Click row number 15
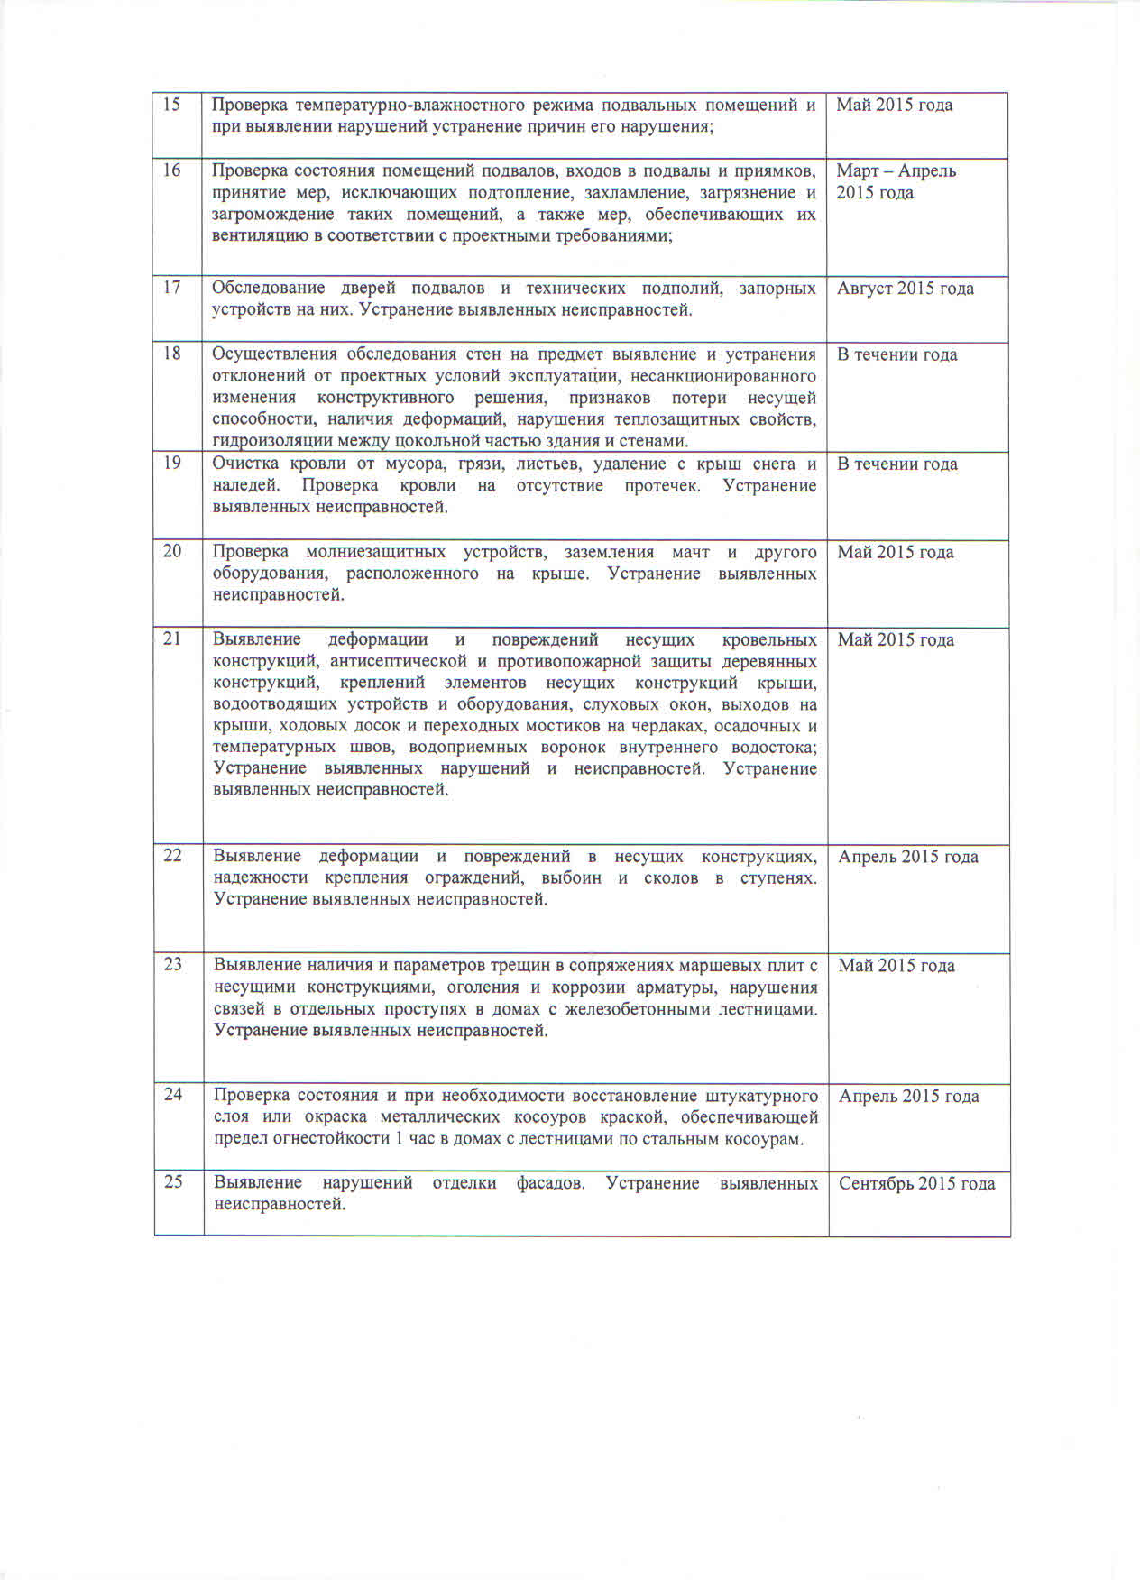point(171,105)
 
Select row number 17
point(171,288)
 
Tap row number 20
point(172,551)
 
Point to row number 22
point(172,855)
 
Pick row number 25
point(173,1181)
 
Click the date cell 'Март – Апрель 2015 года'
point(896,181)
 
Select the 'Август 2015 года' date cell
point(905,289)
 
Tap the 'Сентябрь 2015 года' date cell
point(916,1183)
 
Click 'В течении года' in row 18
point(896,354)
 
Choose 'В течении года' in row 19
point(896,464)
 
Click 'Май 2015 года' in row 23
point(896,966)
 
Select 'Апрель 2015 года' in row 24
point(908,1097)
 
